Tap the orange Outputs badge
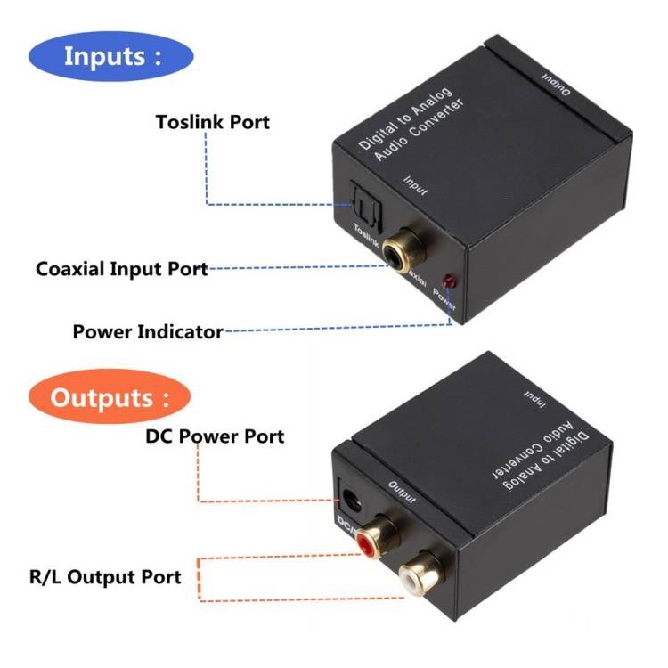pyautogui.click(x=109, y=396)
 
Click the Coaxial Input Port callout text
pyautogui.click(x=122, y=268)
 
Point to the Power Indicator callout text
pyautogui.click(x=148, y=332)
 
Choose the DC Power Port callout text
pyautogui.click(x=215, y=436)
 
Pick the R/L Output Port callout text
pyautogui.click(x=105, y=576)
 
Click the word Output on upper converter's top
pyautogui.click(x=555, y=82)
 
